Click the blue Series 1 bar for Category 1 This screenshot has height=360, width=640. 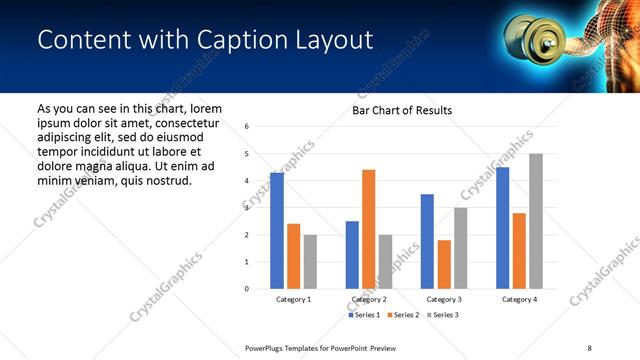[x=277, y=231]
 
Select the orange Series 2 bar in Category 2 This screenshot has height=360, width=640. [x=368, y=229]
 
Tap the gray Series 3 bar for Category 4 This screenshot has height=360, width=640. [x=536, y=221]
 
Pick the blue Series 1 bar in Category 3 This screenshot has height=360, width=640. [x=427, y=241]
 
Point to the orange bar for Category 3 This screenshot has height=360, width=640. [x=444, y=264]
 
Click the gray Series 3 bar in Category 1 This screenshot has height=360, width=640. [x=310, y=262]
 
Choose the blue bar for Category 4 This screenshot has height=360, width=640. [x=502, y=228]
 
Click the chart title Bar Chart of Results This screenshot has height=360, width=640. [x=402, y=110]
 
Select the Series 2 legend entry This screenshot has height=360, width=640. [x=402, y=315]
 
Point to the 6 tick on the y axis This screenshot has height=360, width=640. [x=247, y=127]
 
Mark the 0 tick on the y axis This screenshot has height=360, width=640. [x=247, y=289]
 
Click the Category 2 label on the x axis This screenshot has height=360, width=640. [x=369, y=299]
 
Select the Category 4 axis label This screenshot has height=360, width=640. [x=519, y=299]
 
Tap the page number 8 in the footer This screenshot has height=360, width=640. [x=589, y=347]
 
